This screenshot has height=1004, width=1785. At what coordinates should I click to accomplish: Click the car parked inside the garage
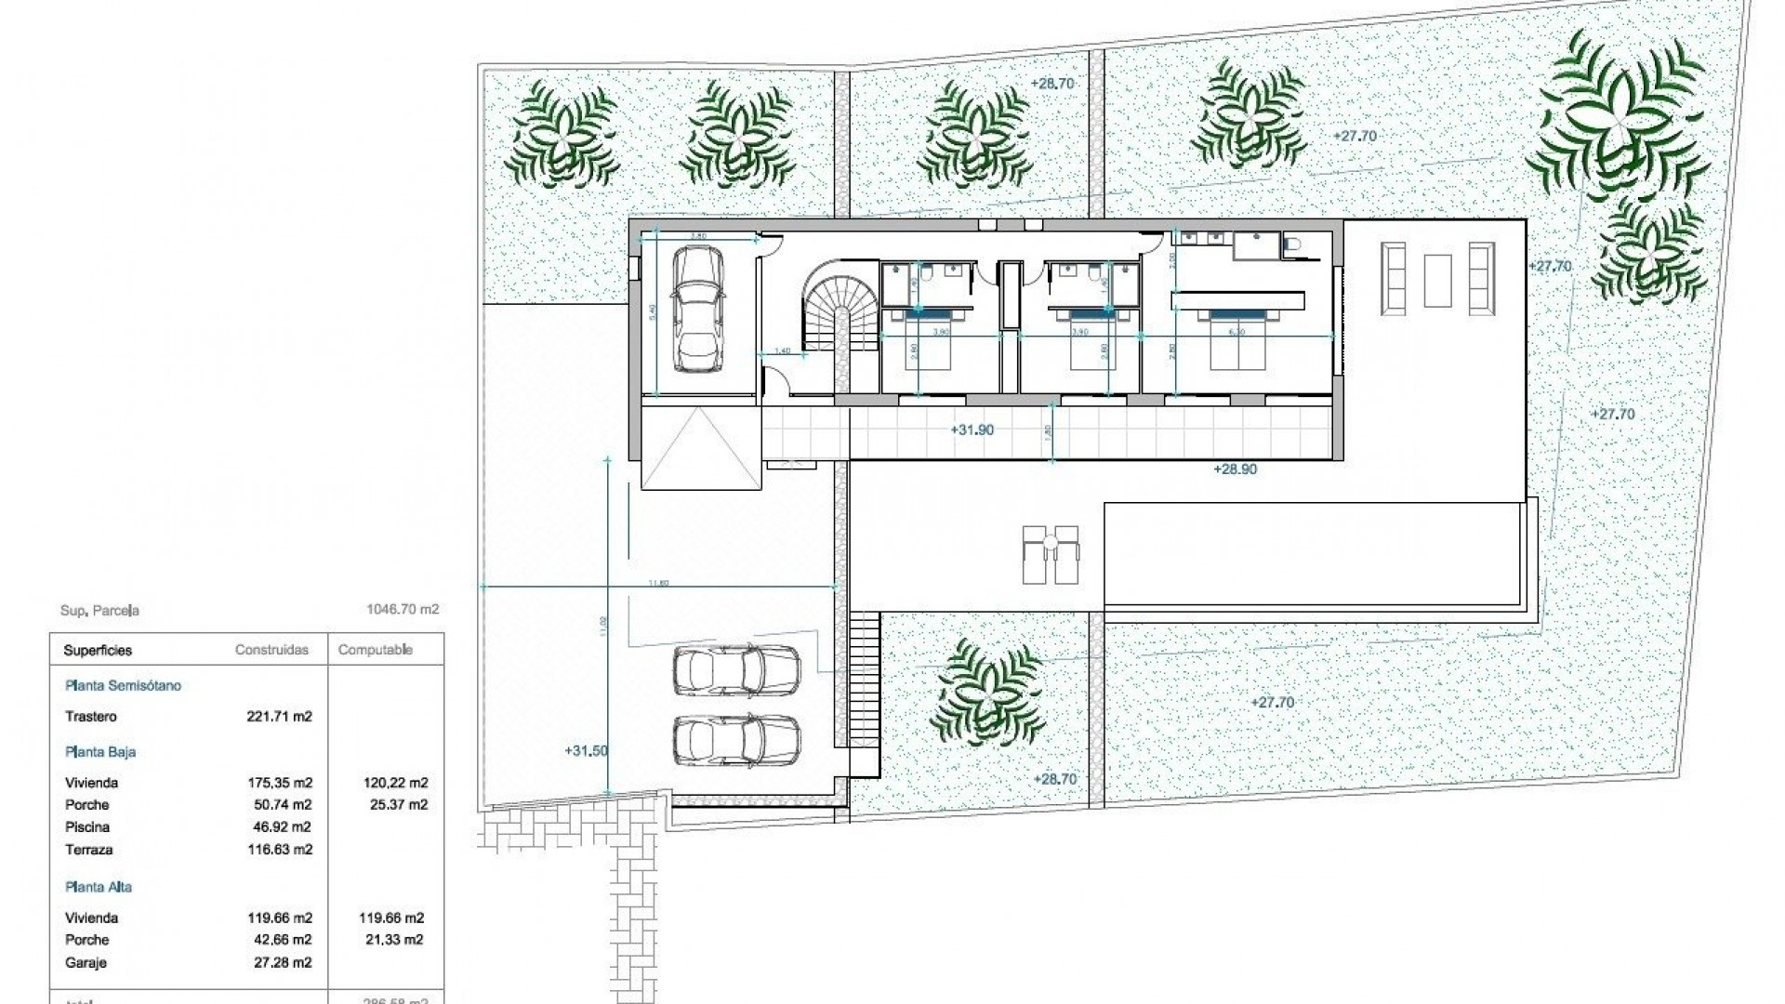pos(696,309)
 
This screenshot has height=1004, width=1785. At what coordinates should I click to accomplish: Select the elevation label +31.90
pos(972,430)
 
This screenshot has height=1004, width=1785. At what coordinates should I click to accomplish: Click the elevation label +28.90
pos(1235,469)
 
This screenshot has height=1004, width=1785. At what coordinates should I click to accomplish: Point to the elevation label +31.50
pos(586,751)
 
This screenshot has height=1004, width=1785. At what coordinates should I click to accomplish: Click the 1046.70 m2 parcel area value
pos(403,610)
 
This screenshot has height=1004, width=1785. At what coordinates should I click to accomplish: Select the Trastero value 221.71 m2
pos(280,717)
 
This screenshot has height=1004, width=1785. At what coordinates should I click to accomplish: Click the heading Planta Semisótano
pos(123,685)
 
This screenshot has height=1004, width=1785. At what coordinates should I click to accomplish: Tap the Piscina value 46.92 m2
pos(280,827)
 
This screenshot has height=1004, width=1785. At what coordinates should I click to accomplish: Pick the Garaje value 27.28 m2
pos(280,963)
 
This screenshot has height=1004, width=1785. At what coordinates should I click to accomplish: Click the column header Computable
pos(376,650)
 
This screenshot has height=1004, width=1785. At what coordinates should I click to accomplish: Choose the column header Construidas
pos(271,650)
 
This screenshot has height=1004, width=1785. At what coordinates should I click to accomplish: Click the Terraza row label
pos(89,850)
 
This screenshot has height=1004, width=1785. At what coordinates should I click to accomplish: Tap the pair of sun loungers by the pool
pos(1051,554)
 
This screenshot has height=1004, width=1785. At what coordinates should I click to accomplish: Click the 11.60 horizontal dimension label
pos(658,583)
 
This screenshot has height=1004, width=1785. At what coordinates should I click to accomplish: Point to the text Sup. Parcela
pos(99,611)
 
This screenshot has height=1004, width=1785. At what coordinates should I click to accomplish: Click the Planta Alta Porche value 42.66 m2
pos(280,940)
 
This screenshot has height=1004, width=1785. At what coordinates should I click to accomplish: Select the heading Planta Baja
pos(101,752)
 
